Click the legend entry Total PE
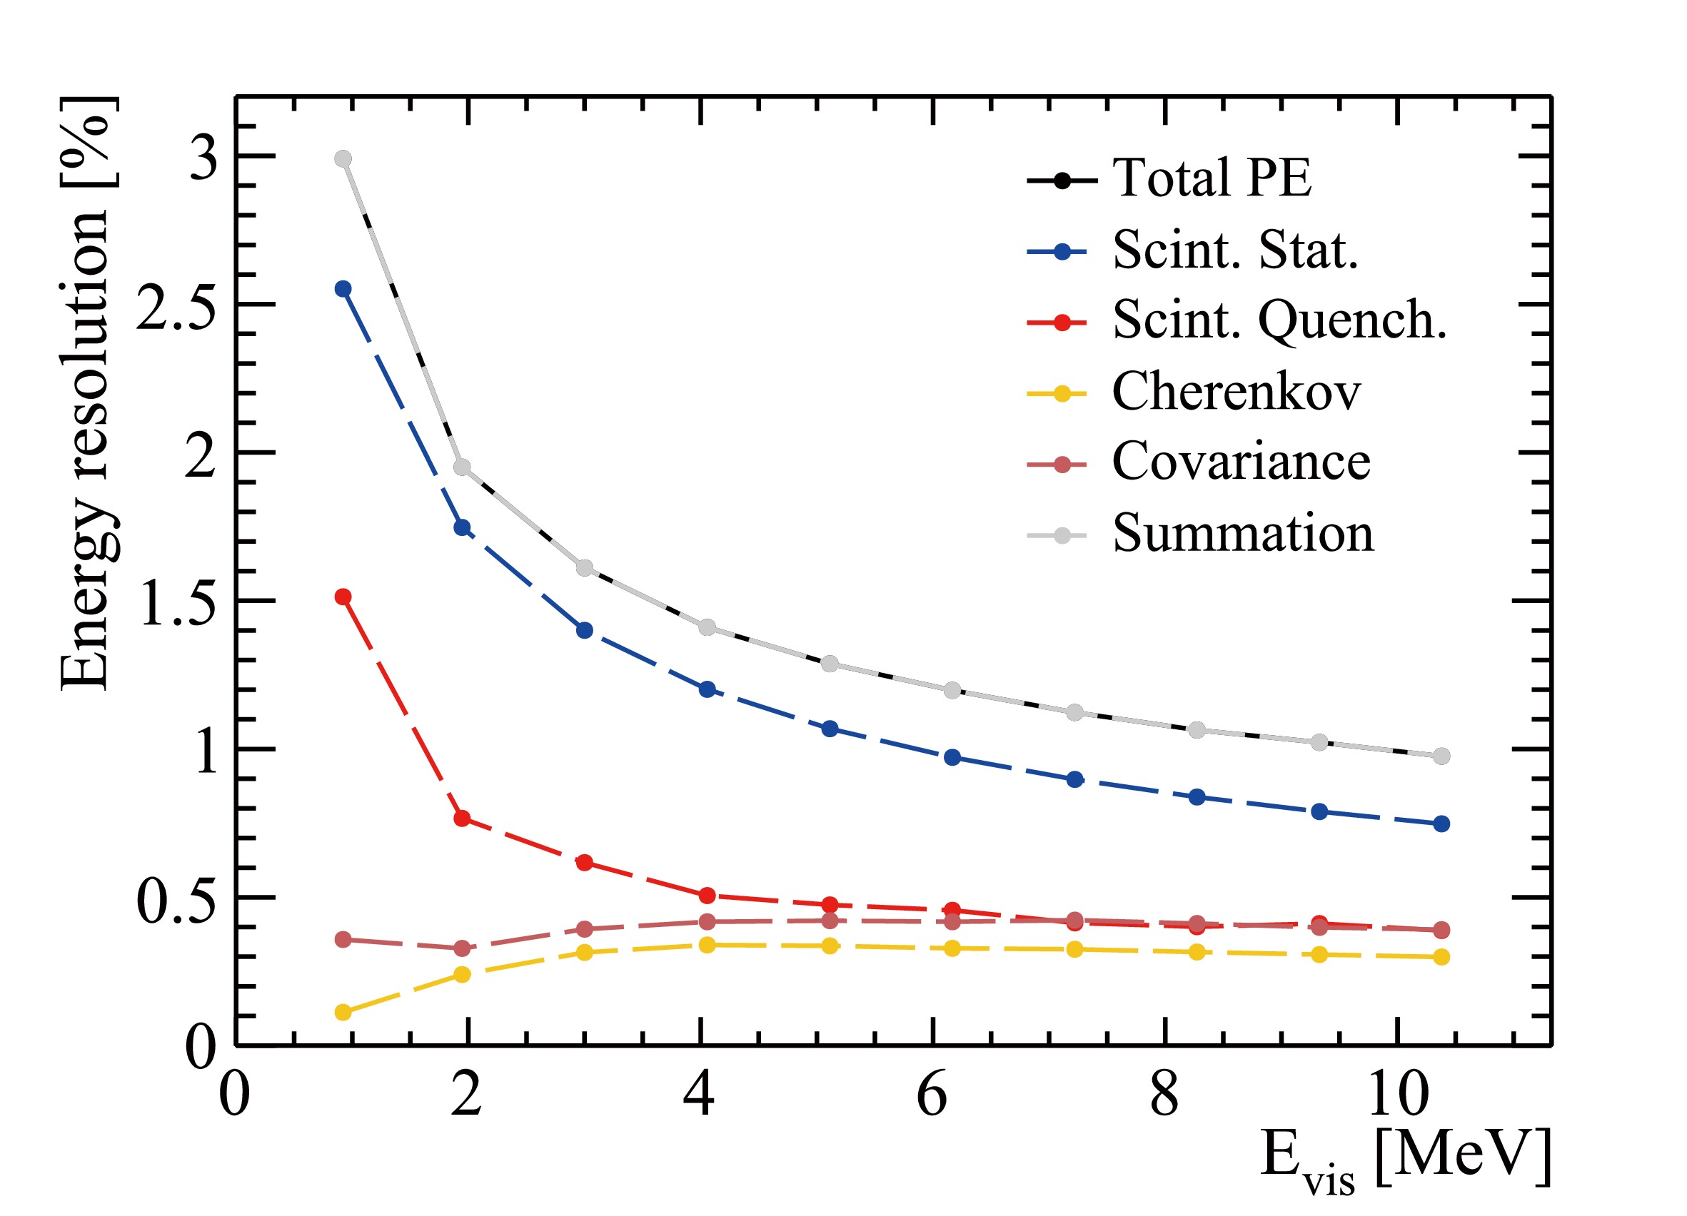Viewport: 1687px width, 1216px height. [x=1211, y=178]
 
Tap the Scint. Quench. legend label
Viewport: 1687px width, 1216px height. [x=1279, y=320]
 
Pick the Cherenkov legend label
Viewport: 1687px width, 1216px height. [x=1236, y=392]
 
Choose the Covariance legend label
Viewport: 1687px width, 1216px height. [x=1240, y=462]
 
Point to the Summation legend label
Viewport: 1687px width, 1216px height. [x=1242, y=533]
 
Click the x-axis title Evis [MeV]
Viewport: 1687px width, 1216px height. [x=1404, y=1159]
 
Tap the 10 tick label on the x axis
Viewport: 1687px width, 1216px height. [x=1397, y=1095]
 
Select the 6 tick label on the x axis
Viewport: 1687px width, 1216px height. [x=931, y=1095]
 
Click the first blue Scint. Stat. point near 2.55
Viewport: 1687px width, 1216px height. [x=343, y=289]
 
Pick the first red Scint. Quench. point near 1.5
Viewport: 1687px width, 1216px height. [x=343, y=597]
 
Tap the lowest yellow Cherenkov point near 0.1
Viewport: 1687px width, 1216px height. [x=343, y=1013]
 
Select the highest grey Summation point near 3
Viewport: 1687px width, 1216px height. [x=343, y=159]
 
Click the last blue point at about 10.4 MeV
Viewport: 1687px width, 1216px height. [x=1441, y=824]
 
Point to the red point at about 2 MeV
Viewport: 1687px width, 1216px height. [x=462, y=819]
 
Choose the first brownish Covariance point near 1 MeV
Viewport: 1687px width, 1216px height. [x=343, y=940]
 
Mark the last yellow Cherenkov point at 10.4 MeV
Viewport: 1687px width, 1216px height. [x=1441, y=957]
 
